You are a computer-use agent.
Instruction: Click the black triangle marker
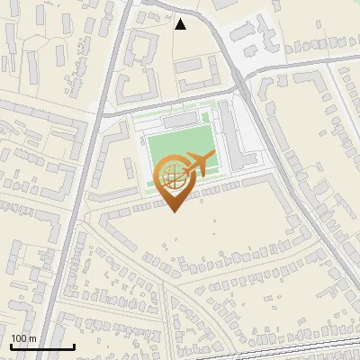point(180,24)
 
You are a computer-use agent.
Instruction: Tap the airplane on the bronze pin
point(199,164)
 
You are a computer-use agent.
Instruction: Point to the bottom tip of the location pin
point(174,212)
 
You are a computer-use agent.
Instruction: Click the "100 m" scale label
point(23,338)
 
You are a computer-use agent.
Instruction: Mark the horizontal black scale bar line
point(42,346)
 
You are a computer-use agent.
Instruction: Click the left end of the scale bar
point(11,346)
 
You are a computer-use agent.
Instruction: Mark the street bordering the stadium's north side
point(171,103)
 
